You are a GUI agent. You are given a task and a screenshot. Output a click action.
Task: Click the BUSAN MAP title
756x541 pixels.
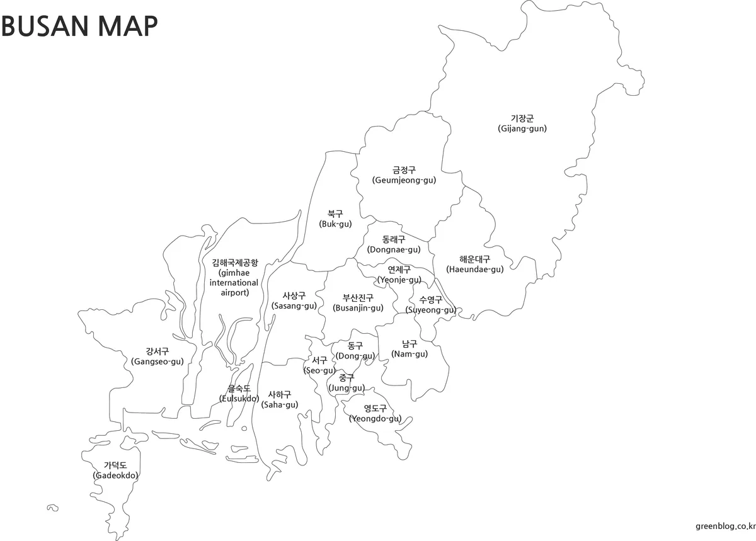coord(79,26)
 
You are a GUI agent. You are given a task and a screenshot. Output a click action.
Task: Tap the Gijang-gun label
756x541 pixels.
coord(522,123)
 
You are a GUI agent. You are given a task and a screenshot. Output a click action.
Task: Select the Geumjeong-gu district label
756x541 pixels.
coord(404,175)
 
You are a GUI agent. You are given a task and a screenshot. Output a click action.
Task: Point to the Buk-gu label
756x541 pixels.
coord(335,219)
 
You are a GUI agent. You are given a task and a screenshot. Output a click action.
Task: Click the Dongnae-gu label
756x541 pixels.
coord(394,244)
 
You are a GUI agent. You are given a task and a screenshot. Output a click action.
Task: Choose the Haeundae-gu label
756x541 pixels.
coord(475,264)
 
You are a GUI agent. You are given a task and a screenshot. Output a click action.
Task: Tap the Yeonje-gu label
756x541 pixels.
coord(399,275)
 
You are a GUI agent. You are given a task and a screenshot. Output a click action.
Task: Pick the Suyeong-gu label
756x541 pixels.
coord(431,305)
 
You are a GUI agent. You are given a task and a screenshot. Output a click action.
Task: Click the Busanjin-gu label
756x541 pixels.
coord(358,303)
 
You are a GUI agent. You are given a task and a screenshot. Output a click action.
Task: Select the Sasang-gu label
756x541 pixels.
coord(294,300)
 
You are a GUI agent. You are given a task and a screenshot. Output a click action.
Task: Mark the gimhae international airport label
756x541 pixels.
coord(234,277)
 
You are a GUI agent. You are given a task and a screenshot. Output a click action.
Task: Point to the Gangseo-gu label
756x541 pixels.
coord(157,356)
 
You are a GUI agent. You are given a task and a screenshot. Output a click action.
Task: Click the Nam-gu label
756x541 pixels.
coord(409,349)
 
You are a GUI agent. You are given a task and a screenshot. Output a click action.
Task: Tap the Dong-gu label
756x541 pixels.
coord(355,351)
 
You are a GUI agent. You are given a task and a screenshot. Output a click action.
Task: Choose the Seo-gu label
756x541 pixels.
coord(319,365)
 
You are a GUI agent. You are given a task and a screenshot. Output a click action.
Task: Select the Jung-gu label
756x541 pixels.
coord(346,383)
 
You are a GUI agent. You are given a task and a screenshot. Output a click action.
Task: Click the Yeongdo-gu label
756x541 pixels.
coord(375,413)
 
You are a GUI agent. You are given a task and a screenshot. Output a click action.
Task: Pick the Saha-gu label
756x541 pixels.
coord(280,399)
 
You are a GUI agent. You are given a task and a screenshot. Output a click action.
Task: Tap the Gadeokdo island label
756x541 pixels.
coord(115,470)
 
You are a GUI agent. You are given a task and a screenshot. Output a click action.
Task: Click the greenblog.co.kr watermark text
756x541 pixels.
coord(724,526)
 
